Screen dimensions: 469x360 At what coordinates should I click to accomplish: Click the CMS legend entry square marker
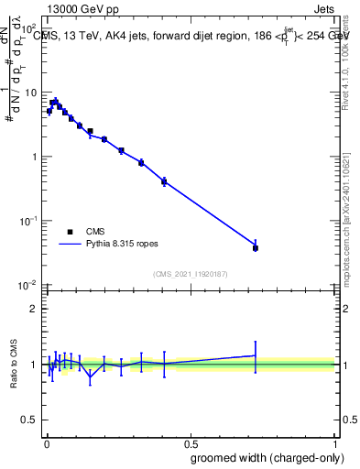click(70, 232)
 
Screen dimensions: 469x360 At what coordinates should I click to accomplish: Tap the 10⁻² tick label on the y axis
click(28, 285)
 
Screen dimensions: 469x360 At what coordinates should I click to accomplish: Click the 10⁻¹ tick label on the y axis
click(28, 221)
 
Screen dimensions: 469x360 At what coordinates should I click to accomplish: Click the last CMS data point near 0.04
click(255, 248)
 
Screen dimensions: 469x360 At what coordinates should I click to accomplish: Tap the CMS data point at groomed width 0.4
click(163, 181)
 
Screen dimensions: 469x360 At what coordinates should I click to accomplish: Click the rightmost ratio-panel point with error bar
click(255, 354)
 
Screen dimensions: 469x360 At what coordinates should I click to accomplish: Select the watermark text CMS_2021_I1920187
click(190, 274)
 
